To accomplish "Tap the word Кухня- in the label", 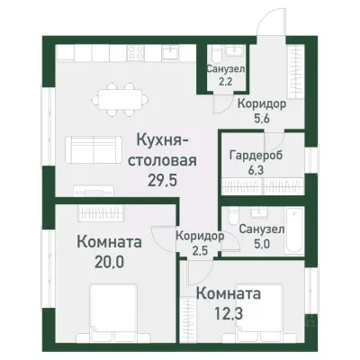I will pos(161,141).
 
